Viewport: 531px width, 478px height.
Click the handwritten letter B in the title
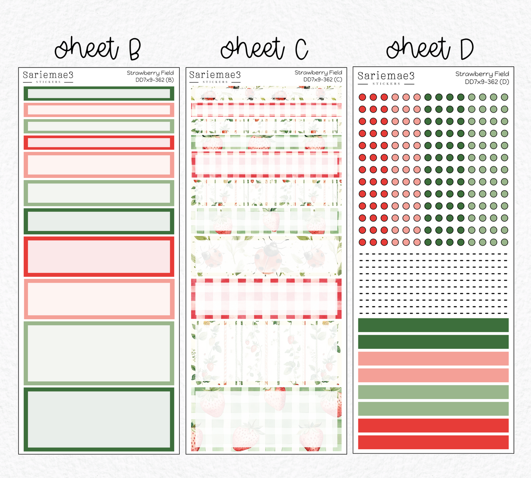pos(134,49)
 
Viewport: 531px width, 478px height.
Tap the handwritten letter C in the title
pos(301,49)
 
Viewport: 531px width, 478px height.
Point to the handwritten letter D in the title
pos(467,49)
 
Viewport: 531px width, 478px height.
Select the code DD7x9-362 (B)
pos(155,80)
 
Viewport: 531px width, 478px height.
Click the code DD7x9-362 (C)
pos(323,79)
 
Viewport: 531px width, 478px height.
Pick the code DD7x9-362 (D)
pos(487,82)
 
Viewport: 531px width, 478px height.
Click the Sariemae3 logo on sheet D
pos(386,78)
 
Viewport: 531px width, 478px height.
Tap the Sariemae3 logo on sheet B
pos(48,77)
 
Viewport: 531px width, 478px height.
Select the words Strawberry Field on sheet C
pos(318,72)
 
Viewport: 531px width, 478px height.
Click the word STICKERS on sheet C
pos(215,82)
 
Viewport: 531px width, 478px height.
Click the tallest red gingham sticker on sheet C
pos(266,298)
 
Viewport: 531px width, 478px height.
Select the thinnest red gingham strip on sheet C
pos(266,110)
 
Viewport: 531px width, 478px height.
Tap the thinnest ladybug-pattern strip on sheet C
pos(266,93)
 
